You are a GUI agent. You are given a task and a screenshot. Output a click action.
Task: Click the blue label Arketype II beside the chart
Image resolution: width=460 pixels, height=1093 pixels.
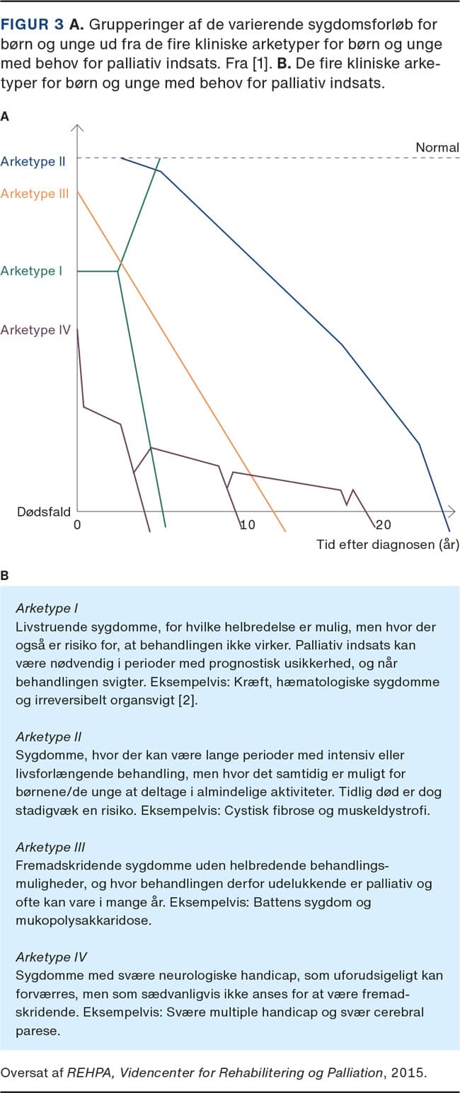click(x=33, y=161)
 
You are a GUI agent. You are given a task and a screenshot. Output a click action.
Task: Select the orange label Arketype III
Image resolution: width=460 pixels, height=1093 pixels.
click(x=35, y=193)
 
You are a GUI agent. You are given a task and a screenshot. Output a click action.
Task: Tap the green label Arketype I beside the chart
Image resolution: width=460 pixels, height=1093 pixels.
click(x=33, y=271)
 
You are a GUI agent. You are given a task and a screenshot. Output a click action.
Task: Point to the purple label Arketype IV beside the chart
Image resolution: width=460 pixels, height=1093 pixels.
click(x=35, y=330)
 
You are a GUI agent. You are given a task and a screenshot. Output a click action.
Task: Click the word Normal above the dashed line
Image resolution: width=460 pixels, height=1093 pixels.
click(x=437, y=148)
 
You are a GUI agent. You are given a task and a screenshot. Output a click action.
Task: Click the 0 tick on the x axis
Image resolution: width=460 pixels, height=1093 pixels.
click(x=77, y=525)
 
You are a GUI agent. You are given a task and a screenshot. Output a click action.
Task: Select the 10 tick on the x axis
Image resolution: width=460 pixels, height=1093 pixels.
click(x=246, y=525)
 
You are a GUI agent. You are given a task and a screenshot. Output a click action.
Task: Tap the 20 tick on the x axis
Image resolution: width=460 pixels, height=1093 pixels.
click(x=382, y=525)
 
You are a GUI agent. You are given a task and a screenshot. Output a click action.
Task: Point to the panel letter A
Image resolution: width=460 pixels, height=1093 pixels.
click(x=5, y=117)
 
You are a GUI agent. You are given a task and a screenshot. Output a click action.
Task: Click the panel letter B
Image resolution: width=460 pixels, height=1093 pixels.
click(x=5, y=576)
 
